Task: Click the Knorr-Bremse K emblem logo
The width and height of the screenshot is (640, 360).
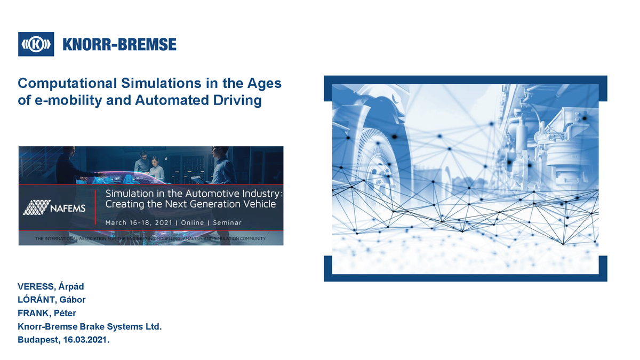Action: pyautogui.click(x=36, y=44)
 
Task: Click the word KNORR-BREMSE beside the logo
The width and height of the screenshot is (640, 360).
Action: pyautogui.click(x=119, y=44)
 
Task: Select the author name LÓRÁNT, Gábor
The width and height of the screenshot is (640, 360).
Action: pyautogui.click(x=52, y=300)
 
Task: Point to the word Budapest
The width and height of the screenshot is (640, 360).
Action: pyautogui.click(x=37, y=339)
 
